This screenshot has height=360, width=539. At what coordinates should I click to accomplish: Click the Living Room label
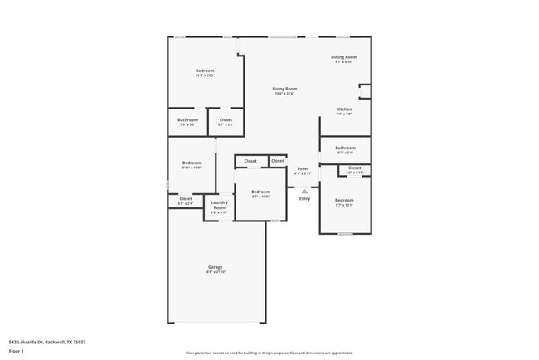[x=285, y=89]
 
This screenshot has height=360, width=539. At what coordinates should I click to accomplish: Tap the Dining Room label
[x=344, y=56]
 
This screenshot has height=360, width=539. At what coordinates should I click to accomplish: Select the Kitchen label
[x=344, y=109]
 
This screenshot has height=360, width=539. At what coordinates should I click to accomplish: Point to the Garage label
[x=215, y=266]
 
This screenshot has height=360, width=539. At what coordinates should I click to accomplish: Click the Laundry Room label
[x=219, y=204]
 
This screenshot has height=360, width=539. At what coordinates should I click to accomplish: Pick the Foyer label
[x=303, y=168]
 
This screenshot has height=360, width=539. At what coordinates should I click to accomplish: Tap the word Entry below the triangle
[x=304, y=198]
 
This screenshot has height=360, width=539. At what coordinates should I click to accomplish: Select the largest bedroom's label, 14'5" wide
[x=205, y=71]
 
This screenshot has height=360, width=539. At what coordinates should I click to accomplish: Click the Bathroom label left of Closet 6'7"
[x=187, y=120]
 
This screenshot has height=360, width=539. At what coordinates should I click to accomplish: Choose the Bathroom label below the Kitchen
[x=345, y=148]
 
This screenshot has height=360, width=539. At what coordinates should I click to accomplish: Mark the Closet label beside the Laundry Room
[x=186, y=198]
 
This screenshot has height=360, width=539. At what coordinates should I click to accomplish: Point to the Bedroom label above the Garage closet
[x=192, y=163]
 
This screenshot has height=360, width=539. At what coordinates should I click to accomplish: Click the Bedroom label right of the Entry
[x=344, y=200]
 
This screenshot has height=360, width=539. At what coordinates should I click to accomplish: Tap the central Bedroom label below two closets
[x=260, y=192]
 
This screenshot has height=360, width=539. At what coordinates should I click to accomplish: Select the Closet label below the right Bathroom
[x=354, y=168]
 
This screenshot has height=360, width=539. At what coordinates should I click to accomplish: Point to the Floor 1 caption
[x=16, y=351]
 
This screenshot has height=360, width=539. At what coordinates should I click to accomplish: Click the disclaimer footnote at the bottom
[x=269, y=352]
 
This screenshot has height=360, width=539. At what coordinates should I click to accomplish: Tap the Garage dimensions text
[x=215, y=272]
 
